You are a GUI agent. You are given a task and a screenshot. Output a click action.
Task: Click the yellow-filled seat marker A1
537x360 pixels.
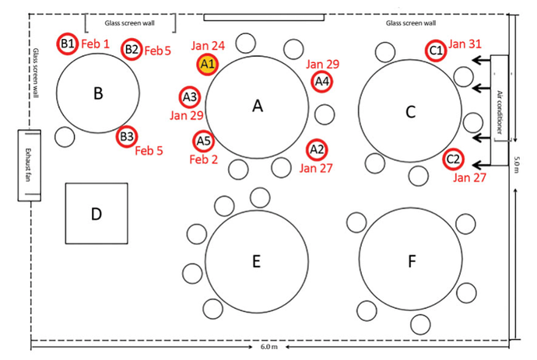(x=208, y=64)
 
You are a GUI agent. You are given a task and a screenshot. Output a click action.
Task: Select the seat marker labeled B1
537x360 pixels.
(x=68, y=44)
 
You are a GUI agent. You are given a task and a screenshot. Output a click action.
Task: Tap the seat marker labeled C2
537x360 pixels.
(x=453, y=159)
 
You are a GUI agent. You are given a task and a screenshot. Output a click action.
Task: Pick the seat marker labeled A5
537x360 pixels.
(x=203, y=141)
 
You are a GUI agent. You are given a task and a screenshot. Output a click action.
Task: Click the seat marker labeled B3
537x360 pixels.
(x=127, y=137)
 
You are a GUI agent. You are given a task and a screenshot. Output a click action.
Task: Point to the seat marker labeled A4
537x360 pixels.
(x=322, y=82)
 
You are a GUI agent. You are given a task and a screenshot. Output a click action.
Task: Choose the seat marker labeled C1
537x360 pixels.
(x=436, y=51)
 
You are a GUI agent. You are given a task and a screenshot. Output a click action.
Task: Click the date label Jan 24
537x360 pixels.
(x=208, y=46)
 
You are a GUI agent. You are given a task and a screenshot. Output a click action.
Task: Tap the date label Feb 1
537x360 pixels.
(x=95, y=44)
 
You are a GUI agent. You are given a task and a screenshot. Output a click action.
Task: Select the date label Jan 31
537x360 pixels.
(x=465, y=44)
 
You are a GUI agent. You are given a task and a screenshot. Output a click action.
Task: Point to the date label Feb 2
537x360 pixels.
(x=203, y=159)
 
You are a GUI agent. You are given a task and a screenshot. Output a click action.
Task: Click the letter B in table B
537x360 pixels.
(x=98, y=93)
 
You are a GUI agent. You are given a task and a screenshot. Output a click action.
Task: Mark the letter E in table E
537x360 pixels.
(x=257, y=261)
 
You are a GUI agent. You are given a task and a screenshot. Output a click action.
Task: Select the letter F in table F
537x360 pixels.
(x=412, y=261)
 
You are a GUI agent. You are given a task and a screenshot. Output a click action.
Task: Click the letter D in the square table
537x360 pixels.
(x=97, y=215)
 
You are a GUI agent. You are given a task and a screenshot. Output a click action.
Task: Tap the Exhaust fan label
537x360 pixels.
(x=28, y=165)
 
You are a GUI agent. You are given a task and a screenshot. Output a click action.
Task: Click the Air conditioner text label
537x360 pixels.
(x=500, y=112)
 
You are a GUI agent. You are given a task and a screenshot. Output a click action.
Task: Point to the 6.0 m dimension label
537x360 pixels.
(x=269, y=347)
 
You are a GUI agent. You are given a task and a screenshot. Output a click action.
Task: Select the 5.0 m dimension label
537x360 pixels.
(x=517, y=165)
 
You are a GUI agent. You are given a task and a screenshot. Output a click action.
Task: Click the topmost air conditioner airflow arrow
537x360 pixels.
(x=481, y=61)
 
